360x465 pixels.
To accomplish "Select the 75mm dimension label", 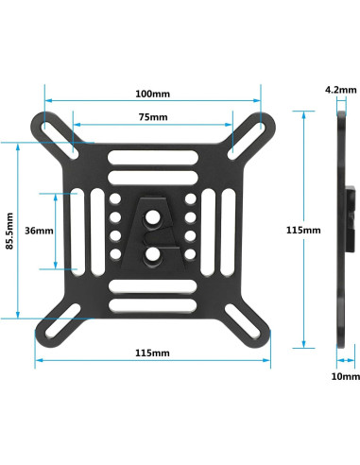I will pyautogui.click(x=151, y=118).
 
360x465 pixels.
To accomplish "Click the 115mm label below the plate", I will pyautogui.click(x=151, y=353).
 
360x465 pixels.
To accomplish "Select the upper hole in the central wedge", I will pyautogui.click(x=152, y=215).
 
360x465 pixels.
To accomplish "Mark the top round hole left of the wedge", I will pyautogui.click(x=114, y=199).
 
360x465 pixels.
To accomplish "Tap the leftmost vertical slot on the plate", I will pyautogui.click(x=78, y=230).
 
